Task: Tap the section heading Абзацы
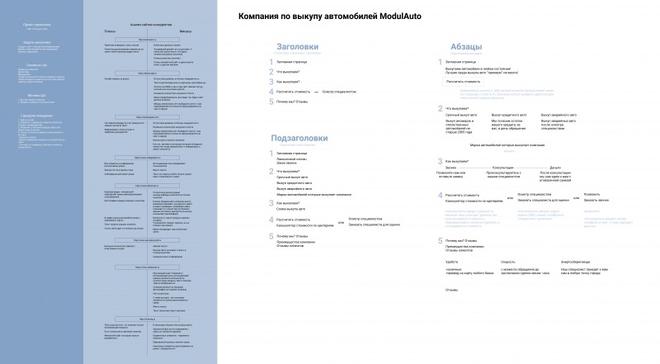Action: [461, 47]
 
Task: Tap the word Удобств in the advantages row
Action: [451, 308]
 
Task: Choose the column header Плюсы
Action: [110, 31]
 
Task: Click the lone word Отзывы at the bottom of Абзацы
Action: [451, 335]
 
